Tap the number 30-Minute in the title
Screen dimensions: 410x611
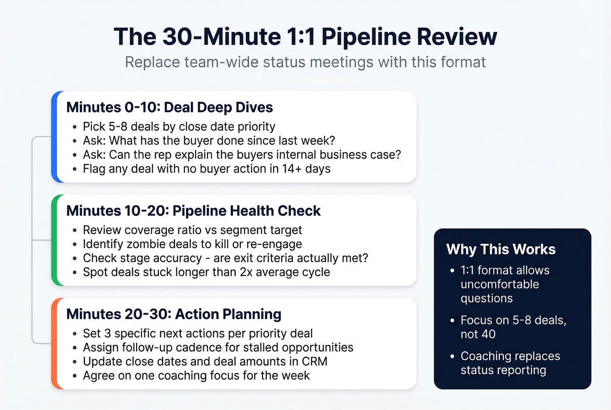[221, 37]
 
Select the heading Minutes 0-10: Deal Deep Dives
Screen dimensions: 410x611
[169, 107]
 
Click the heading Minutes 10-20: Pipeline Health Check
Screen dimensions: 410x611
[193, 211]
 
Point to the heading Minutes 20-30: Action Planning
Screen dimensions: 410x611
[174, 314]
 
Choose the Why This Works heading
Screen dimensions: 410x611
[501, 249]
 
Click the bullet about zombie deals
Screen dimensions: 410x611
[192, 244]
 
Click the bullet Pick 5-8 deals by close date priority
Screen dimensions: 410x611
[179, 127]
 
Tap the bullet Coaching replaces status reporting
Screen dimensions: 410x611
[510, 363]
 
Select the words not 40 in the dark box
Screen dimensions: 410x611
[478, 334]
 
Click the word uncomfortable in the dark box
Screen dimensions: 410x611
[500, 284]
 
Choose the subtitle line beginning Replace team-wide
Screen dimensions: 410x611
[305, 62]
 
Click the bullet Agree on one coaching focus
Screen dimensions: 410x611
[196, 376]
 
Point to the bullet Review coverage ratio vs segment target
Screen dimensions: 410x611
[192, 230]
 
